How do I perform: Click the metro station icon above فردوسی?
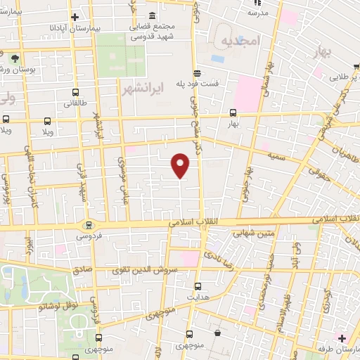[x=88, y=226]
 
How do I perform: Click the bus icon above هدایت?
[x=198, y=286]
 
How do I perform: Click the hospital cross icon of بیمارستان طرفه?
[x=342, y=339]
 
